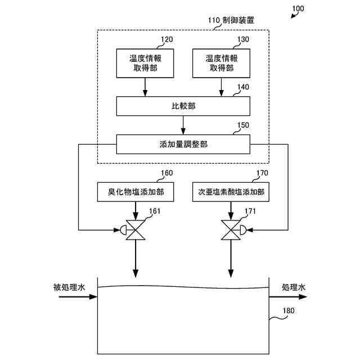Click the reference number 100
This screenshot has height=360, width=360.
pyautogui.click(x=298, y=8)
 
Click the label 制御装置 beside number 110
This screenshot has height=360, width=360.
pyautogui.click(x=238, y=20)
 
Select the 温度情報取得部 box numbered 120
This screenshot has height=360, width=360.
pyautogui.click(x=145, y=63)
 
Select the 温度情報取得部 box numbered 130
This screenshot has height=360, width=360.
pyautogui.click(x=221, y=63)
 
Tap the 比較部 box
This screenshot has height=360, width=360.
pyautogui.click(x=183, y=106)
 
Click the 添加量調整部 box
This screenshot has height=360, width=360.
pyautogui.click(x=183, y=144)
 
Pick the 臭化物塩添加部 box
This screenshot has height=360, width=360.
pyautogui.click(x=136, y=192)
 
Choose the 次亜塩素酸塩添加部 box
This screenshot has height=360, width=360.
pyautogui.click(x=231, y=192)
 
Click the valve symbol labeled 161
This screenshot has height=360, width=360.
pyautogui.click(x=133, y=230)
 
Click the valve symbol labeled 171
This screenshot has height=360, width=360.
pyautogui.click(x=234, y=230)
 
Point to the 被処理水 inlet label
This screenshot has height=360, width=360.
pyautogui.click(x=69, y=287)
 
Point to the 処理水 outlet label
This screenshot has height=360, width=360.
pyautogui.click(x=294, y=287)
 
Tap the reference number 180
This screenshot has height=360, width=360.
pyautogui.click(x=289, y=310)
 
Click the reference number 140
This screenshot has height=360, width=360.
pyautogui.click(x=243, y=87)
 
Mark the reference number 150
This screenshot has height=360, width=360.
pyautogui.click(x=243, y=125)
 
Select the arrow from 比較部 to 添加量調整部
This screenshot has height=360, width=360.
pyautogui.click(x=183, y=125)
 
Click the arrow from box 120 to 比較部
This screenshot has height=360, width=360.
pyautogui.click(x=145, y=87)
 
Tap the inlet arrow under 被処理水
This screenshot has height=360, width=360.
pyautogui.click(x=78, y=297)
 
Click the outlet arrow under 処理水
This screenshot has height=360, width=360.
pyautogui.click(x=288, y=297)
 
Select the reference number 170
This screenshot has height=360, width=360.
pyautogui.click(x=262, y=173)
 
